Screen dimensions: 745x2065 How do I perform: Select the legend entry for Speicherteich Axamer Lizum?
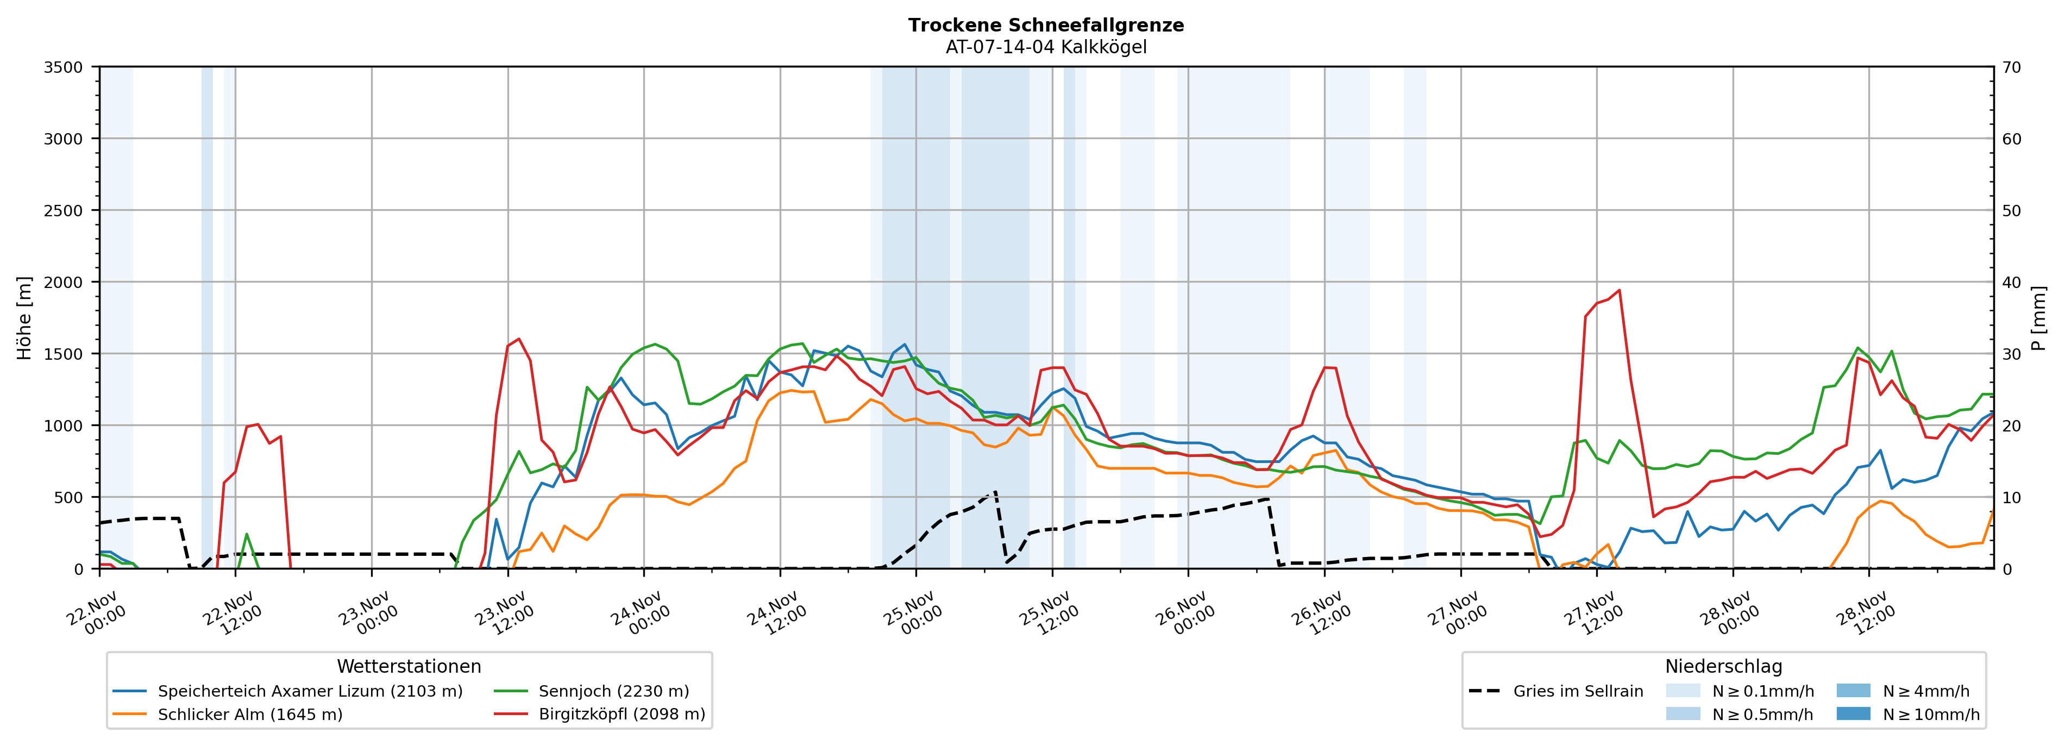click(x=310, y=691)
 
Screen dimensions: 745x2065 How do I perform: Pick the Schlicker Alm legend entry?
click(x=249, y=715)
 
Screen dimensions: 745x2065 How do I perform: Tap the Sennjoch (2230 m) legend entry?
click(x=613, y=691)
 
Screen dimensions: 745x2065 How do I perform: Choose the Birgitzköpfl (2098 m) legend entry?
click(x=622, y=715)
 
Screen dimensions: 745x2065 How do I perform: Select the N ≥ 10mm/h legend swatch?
click(x=1853, y=713)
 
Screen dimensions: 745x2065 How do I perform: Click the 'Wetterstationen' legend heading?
click(x=409, y=666)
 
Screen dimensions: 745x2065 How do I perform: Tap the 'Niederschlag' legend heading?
click(x=1723, y=666)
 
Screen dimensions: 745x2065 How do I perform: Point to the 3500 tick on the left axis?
click(x=64, y=67)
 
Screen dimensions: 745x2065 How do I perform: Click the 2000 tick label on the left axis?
click(x=64, y=282)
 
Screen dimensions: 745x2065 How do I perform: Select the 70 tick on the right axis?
click(x=2011, y=67)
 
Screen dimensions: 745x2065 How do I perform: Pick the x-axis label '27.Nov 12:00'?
click(x=1593, y=613)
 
